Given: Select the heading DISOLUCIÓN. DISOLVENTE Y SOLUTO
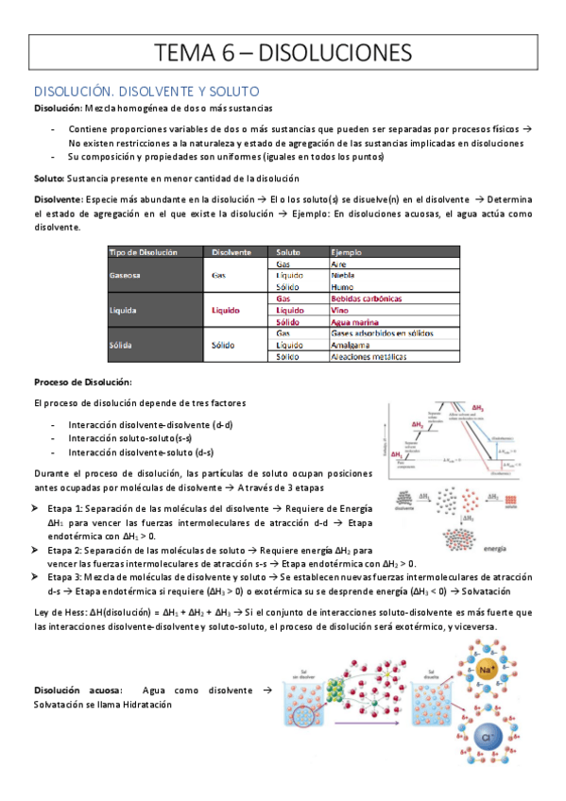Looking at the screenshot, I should (x=146, y=92).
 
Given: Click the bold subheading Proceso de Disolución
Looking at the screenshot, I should (x=83, y=383).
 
